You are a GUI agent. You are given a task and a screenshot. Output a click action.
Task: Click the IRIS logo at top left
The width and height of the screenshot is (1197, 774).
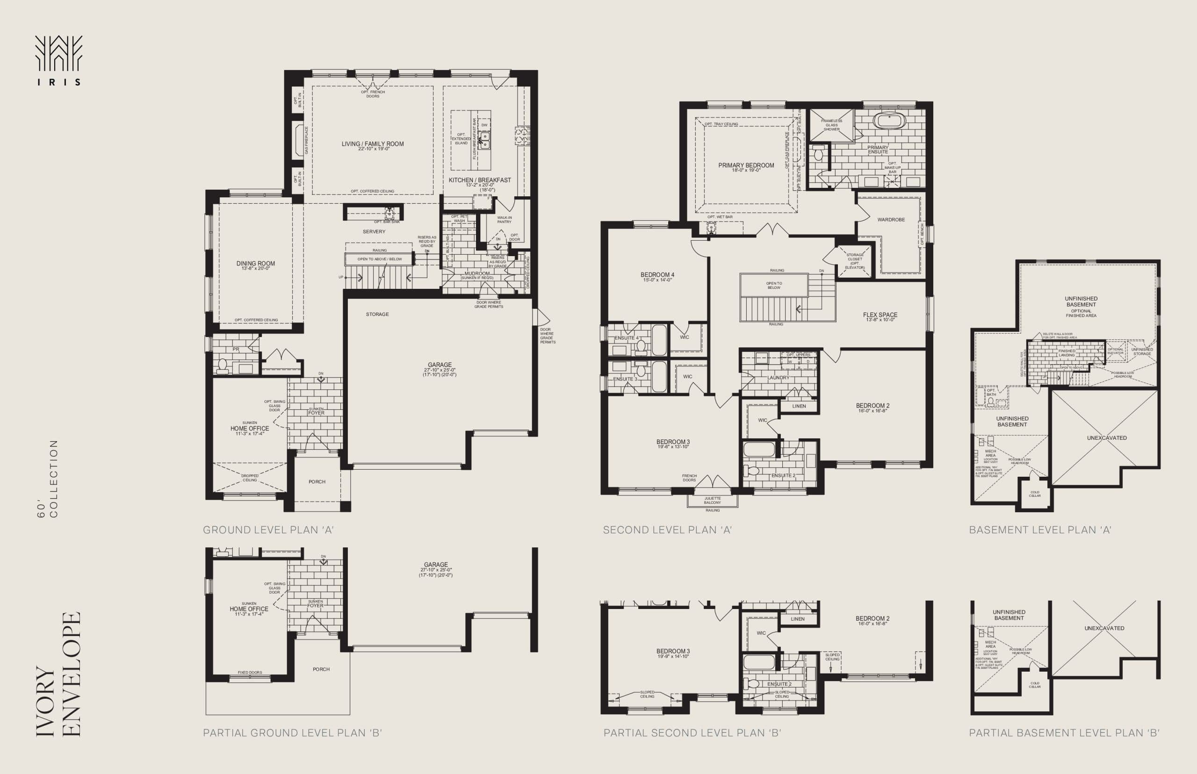coord(58,60)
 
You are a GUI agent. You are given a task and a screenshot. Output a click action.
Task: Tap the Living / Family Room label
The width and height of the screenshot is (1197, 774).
coord(373,144)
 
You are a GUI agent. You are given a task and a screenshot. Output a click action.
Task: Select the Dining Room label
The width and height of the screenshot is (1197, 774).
coord(255,264)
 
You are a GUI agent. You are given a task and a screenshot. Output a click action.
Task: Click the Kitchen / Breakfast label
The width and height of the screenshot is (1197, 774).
coord(480,180)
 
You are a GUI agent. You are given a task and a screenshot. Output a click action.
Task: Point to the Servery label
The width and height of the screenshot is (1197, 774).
coord(374,232)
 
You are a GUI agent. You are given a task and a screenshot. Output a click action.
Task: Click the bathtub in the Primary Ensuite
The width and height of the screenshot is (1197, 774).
coord(889,121)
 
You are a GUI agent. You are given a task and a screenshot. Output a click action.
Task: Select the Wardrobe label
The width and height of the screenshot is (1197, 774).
coord(891,220)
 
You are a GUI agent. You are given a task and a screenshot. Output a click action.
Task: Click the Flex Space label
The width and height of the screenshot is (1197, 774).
coord(880,315)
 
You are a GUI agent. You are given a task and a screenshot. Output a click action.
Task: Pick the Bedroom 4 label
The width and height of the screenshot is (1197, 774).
coord(657,275)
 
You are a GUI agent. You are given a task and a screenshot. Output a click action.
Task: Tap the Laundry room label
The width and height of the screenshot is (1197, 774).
coord(778,378)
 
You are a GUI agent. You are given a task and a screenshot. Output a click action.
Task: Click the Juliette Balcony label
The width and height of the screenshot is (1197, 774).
coord(713,500)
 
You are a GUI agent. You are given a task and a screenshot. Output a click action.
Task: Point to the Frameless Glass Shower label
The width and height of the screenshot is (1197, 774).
coord(831,125)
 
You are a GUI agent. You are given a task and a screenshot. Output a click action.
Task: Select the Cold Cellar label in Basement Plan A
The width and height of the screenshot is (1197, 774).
coord(1035,494)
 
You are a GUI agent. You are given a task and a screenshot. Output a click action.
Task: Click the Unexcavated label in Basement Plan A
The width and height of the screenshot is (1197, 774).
coord(1106,438)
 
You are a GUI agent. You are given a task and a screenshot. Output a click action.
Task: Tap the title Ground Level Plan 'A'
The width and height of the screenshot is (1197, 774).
coord(268,530)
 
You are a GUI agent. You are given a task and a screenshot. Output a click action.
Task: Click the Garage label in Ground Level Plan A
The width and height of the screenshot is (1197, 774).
coord(440,365)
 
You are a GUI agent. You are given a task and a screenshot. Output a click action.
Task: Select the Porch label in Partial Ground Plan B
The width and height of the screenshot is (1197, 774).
coord(321,669)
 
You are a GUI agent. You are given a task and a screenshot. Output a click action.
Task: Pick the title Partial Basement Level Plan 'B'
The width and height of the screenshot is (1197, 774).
coord(1064,733)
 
